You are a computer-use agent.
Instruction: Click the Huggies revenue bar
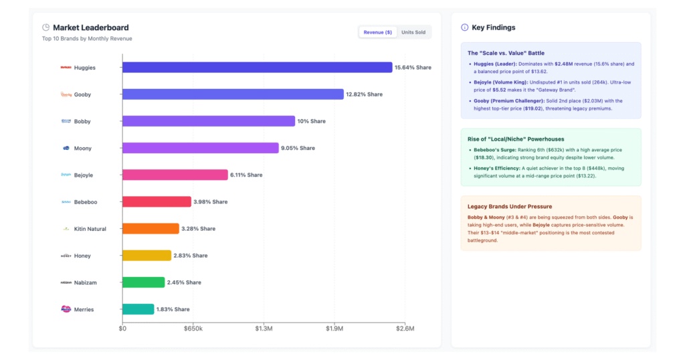click(257, 68)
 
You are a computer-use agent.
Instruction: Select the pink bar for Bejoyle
click(175, 175)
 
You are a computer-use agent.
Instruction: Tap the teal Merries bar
click(138, 309)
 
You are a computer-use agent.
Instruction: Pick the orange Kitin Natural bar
click(151, 229)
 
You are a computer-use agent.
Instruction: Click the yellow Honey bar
click(146, 256)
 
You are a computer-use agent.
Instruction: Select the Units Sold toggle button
click(413, 32)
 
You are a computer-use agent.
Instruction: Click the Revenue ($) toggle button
click(377, 32)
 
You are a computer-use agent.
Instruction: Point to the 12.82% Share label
click(364, 94)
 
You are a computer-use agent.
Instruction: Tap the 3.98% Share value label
click(210, 201)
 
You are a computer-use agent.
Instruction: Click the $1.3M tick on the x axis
click(264, 329)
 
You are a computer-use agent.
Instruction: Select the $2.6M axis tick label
click(405, 329)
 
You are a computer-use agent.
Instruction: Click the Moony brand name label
click(82, 149)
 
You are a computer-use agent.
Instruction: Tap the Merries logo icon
click(66, 309)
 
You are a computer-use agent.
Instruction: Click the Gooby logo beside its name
click(66, 94)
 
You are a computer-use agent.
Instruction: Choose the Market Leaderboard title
click(90, 27)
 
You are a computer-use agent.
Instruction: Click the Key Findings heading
click(493, 27)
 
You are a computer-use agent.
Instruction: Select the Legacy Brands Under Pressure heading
click(509, 206)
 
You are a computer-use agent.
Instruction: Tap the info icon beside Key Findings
click(465, 27)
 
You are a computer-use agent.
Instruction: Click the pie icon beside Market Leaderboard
click(45, 27)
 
